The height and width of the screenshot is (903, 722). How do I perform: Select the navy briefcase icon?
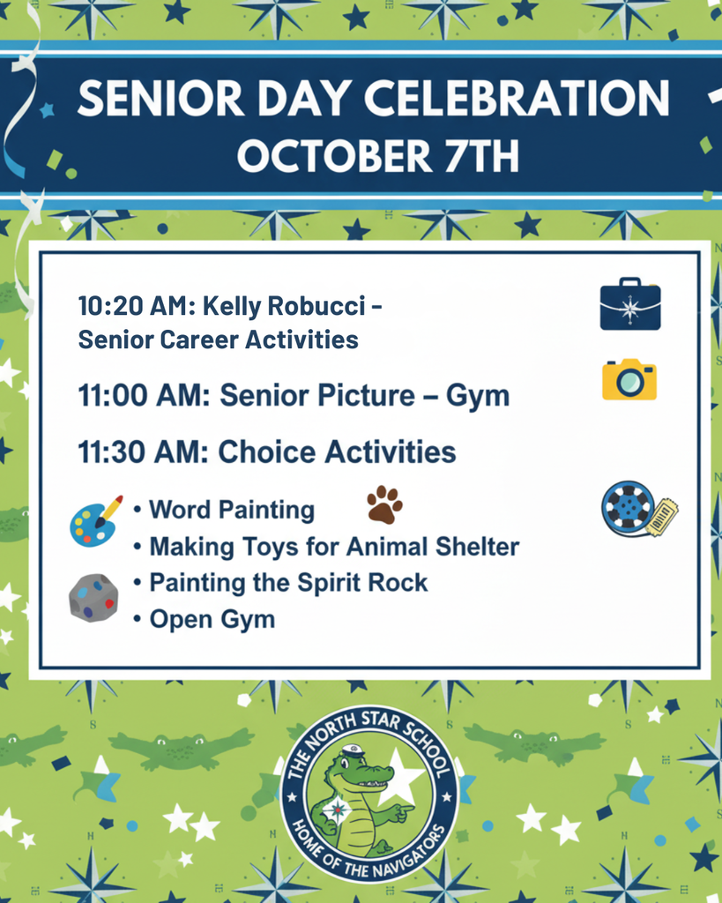(x=629, y=305)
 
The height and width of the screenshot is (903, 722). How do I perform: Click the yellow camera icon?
(x=629, y=379)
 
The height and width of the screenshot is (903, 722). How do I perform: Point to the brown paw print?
(x=384, y=504)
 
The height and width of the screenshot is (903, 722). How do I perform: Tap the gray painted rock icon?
(x=93, y=598)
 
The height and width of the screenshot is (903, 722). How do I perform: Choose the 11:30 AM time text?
(x=142, y=452)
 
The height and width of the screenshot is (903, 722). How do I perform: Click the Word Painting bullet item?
(x=231, y=510)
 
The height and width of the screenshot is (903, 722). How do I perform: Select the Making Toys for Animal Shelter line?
(x=333, y=547)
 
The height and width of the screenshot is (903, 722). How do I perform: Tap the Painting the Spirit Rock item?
(x=287, y=583)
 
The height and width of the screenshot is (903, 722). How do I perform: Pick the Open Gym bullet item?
(x=212, y=619)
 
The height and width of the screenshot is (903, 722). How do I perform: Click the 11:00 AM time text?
(x=142, y=396)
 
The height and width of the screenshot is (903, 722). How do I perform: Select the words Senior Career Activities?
(x=218, y=340)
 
